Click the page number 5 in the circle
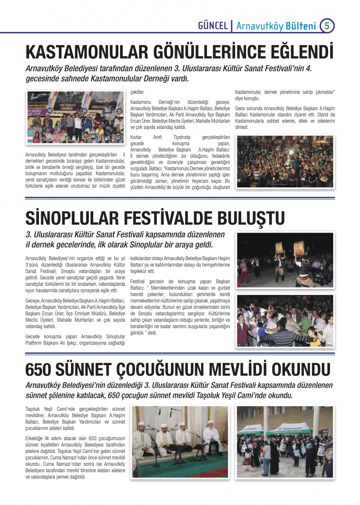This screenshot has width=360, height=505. (327, 26)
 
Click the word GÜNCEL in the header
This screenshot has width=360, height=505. (213, 26)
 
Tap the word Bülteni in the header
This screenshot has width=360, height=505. (301, 26)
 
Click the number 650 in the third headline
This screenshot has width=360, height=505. (38, 370)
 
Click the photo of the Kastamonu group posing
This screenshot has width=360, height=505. (75, 117)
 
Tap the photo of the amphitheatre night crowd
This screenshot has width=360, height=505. (285, 162)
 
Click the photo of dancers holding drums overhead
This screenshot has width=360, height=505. (285, 260)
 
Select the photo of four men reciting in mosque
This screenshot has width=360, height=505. (180, 442)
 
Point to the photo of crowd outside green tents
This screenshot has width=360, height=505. (285, 442)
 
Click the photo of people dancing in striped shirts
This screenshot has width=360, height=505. (285, 321)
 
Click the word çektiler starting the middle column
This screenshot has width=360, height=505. (137, 92)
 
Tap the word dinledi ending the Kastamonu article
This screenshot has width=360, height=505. (242, 127)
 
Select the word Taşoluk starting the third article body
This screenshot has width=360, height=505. (33, 409)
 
